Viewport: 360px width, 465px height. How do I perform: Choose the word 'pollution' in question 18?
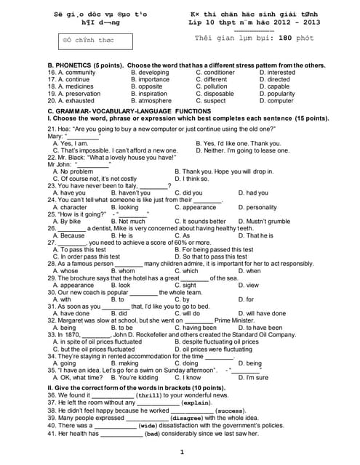[212, 86]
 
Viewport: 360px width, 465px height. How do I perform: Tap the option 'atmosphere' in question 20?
[155, 101]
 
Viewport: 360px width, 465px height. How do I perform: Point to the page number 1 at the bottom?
[181, 453]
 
